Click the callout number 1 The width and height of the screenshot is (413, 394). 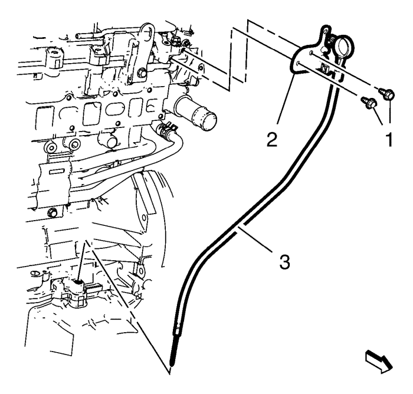[389, 139]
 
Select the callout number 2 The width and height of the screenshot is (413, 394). [272, 139]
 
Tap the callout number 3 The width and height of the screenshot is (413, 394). [284, 261]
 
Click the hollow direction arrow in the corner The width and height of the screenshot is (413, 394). [379, 362]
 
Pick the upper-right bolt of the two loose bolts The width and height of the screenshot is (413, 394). [386, 94]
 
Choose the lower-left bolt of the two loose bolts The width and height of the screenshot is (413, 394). [369, 102]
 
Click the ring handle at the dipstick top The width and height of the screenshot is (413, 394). [340, 45]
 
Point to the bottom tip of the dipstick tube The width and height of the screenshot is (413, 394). [172, 365]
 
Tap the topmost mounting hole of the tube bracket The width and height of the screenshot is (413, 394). [326, 31]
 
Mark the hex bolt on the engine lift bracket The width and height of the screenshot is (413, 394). [142, 73]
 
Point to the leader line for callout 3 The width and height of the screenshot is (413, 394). [255, 238]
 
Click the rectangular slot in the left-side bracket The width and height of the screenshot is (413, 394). [57, 172]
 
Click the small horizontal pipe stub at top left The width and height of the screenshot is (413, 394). [87, 36]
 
